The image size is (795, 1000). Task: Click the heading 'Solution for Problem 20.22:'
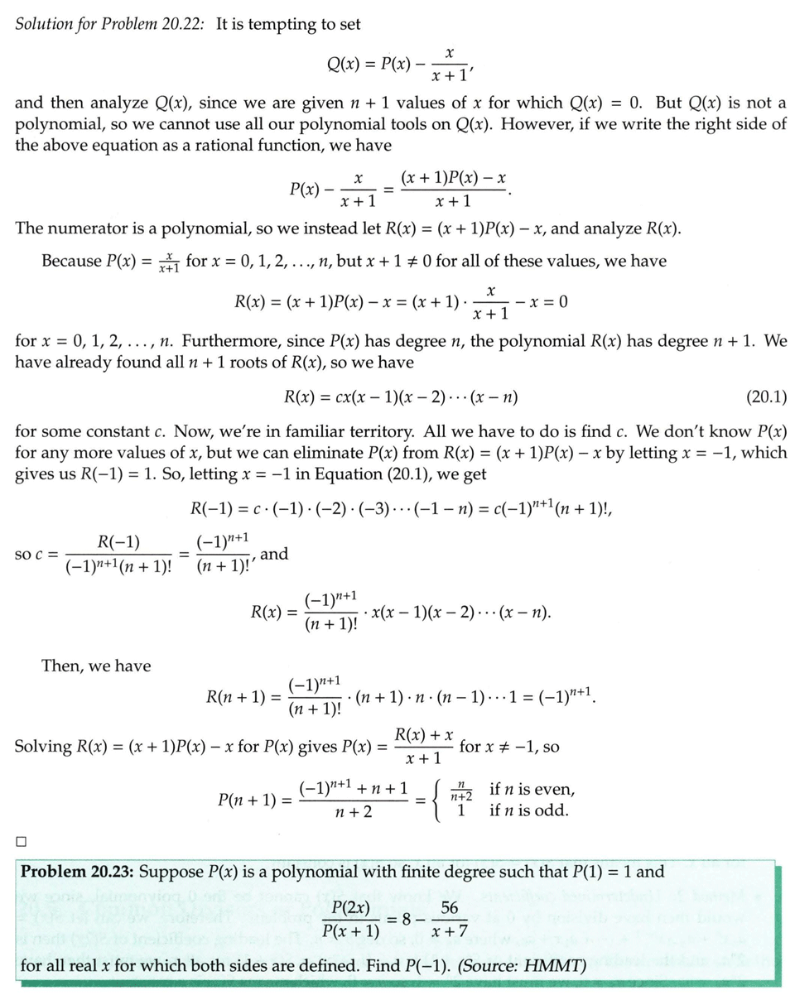tap(112, 24)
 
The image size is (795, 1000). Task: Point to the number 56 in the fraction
tap(450, 908)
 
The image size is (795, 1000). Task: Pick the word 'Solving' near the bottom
tap(44, 747)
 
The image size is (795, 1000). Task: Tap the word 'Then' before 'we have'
tap(59, 665)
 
